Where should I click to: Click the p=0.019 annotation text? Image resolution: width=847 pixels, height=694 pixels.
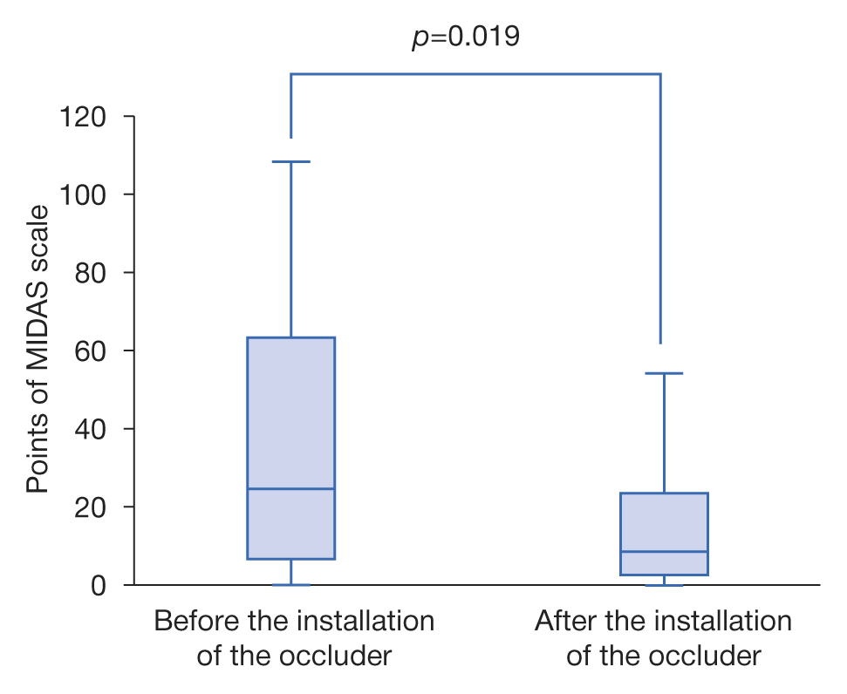click(x=466, y=37)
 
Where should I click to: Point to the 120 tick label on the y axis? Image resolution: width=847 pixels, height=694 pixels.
click(x=84, y=116)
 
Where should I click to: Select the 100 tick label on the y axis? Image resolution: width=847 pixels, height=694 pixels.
click(x=84, y=194)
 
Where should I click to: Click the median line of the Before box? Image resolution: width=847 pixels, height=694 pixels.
click(x=290, y=489)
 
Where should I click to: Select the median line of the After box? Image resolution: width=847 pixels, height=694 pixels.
click(x=664, y=552)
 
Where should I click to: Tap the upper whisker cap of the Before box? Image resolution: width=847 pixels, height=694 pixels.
click(x=290, y=162)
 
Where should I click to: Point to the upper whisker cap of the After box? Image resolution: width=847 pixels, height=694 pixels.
click(x=664, y=373)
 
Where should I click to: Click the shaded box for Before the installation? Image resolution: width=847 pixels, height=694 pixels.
click(x=290, y=410)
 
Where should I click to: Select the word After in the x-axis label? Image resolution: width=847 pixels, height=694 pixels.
click(x=561, y=622)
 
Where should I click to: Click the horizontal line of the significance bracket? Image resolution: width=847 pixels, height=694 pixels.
click(x=475, y=74)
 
